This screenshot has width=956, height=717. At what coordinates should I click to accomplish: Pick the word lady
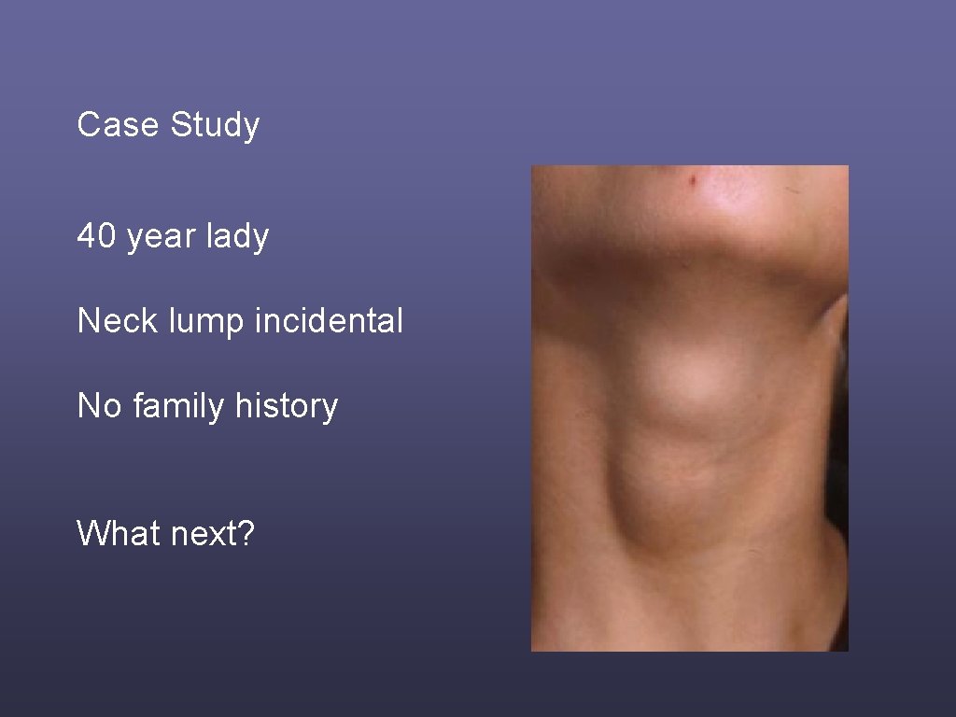tap(238, 237)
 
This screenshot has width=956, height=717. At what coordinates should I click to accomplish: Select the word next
tap(205, 534)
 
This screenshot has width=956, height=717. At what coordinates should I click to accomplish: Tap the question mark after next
tap(246, 533)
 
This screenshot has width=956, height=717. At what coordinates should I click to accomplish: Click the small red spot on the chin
tap(693, 177)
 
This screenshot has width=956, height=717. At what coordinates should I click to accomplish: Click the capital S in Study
tap(179, 124)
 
